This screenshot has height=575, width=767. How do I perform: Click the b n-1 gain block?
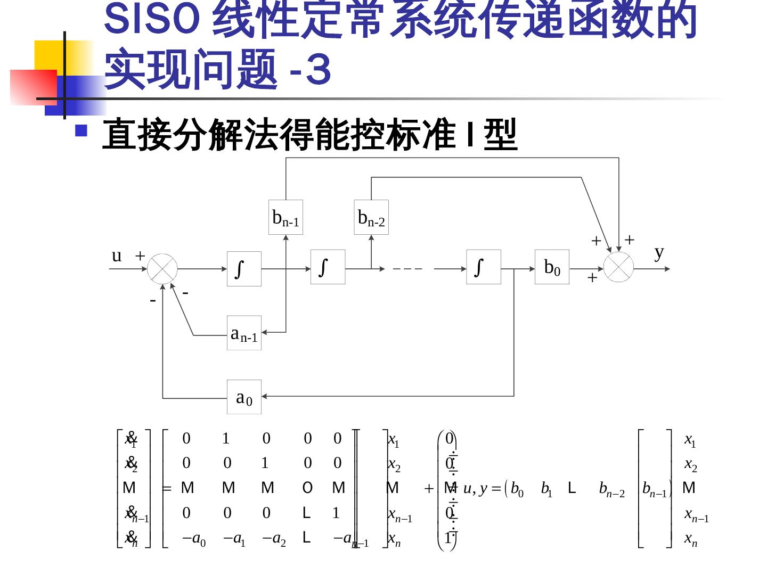[285, 217]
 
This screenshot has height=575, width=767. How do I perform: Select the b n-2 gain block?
[371, 217]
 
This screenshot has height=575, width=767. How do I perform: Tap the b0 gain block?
[552, 267]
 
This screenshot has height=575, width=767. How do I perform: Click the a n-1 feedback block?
[244, 333]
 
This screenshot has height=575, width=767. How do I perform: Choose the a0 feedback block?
[244, 397]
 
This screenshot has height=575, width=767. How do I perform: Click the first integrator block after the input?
[244, 269]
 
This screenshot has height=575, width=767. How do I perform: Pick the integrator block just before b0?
[484, 267]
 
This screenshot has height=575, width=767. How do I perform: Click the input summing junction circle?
[162, 269]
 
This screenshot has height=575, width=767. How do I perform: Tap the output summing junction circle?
[618, 267]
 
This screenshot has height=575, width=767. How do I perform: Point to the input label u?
[117, 256]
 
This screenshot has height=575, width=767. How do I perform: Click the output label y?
[659, 252]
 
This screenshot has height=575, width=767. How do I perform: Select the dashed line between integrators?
[408, 269]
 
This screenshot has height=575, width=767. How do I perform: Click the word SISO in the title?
[152, 20]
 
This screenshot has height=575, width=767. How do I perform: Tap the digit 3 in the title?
[319, 69]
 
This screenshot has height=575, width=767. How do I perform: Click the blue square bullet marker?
[81, 130]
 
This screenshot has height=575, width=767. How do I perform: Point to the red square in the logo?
[33, 86]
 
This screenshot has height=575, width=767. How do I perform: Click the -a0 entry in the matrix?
[194, 539]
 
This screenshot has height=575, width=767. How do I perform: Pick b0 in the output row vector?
[517, 489]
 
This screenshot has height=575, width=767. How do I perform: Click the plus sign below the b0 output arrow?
[592, 277]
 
